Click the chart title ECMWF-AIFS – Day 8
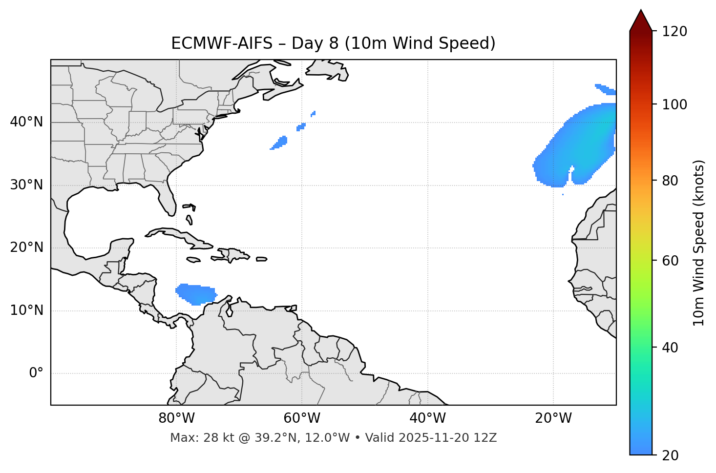point(333,43)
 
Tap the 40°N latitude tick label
point(26,122)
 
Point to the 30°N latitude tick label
point(26,185)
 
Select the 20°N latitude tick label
point(26,247)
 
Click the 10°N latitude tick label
point(26,310)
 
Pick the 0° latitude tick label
point(36,373)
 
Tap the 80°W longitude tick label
point(176,418)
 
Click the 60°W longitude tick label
point(302,418)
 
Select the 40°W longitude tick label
point(427,418)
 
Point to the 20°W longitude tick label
point(553,418)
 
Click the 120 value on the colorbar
point(674,32)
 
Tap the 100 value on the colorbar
point(674,104)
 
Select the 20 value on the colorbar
point(671,455)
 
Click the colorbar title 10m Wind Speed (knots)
point(699,243)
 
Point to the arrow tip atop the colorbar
point(641,11)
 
